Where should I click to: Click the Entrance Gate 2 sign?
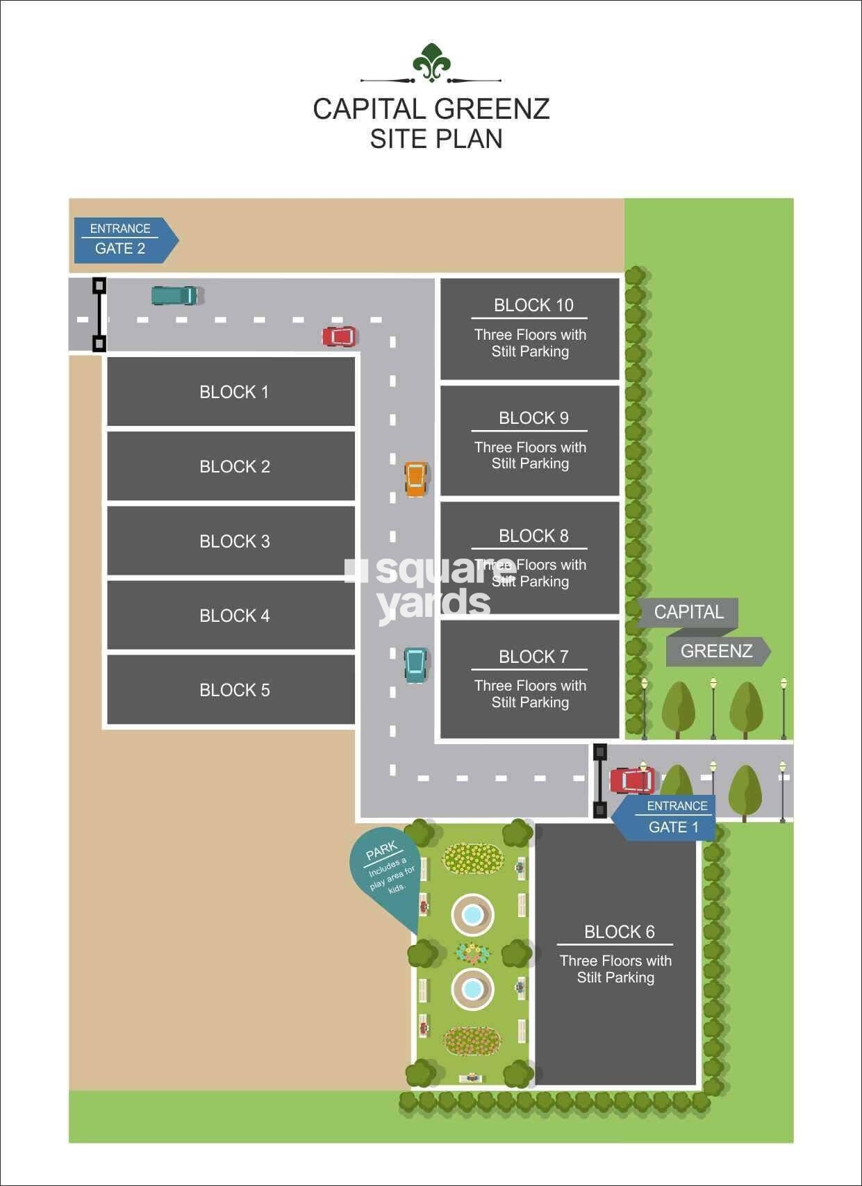126,240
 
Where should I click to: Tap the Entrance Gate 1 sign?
664,818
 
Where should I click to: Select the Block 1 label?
234,392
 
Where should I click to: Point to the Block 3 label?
235,541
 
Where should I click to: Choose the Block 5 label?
235,690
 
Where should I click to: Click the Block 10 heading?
533,305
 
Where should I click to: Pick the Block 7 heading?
533,657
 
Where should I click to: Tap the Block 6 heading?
619,932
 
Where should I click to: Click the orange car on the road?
415,479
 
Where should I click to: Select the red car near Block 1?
340,336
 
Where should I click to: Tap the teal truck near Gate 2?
175,295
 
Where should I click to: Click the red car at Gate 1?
632,780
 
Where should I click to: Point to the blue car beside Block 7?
415,665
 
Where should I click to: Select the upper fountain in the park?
473,915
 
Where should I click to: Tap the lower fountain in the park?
473,989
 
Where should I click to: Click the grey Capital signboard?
688,613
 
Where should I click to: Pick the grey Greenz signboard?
718,652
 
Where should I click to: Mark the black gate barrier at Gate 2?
99,315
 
